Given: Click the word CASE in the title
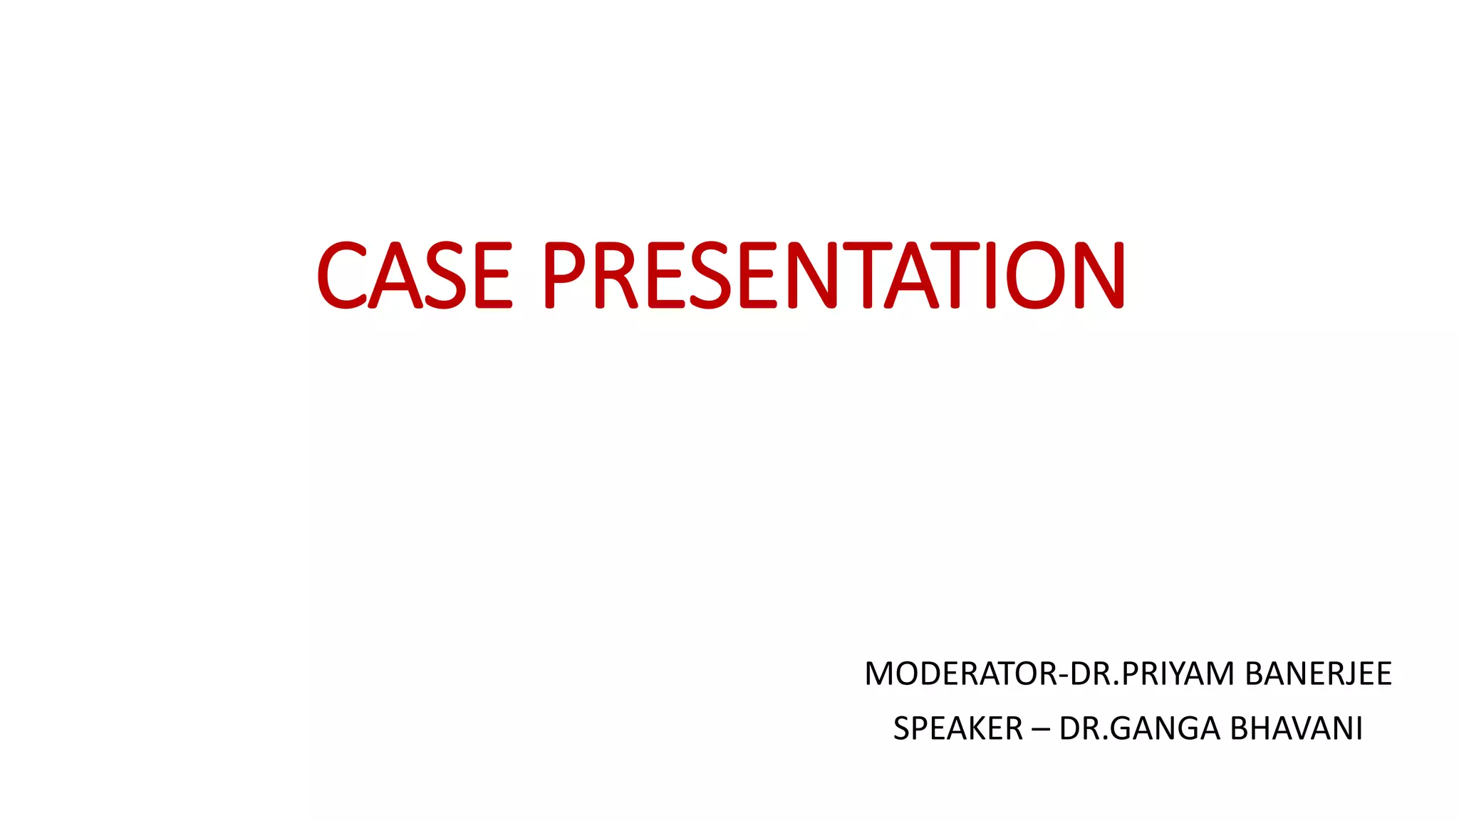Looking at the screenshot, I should coord(414,275).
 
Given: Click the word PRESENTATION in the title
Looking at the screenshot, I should coord(834,275).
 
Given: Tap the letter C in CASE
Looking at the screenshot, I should coord(342,275).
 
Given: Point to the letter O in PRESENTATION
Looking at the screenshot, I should coord(1034,275).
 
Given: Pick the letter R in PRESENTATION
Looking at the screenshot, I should coord(617,275).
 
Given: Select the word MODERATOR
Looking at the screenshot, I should coord(961,674).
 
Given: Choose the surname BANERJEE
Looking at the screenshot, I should coord(1318,674).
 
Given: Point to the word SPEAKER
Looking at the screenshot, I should coord(958,729).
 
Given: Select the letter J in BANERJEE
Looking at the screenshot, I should coord(1344,674).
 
